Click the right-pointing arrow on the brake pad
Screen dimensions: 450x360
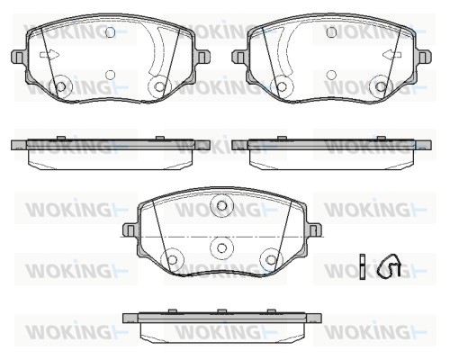tap(49, 55)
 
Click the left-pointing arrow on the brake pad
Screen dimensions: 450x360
tap(392, 55)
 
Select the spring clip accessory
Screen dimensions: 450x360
tap(389, 265)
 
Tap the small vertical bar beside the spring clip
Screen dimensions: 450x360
tap(363, 266)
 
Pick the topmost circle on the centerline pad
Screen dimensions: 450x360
tap(221, 206)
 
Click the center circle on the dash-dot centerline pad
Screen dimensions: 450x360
tap(221, 247)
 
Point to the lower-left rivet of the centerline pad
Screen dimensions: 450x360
tap(172, 259)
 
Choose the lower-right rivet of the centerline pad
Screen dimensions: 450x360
tap(271, 259)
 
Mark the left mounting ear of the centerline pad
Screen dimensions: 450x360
tap(130, 230)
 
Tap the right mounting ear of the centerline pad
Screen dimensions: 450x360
tap(314, 230)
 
